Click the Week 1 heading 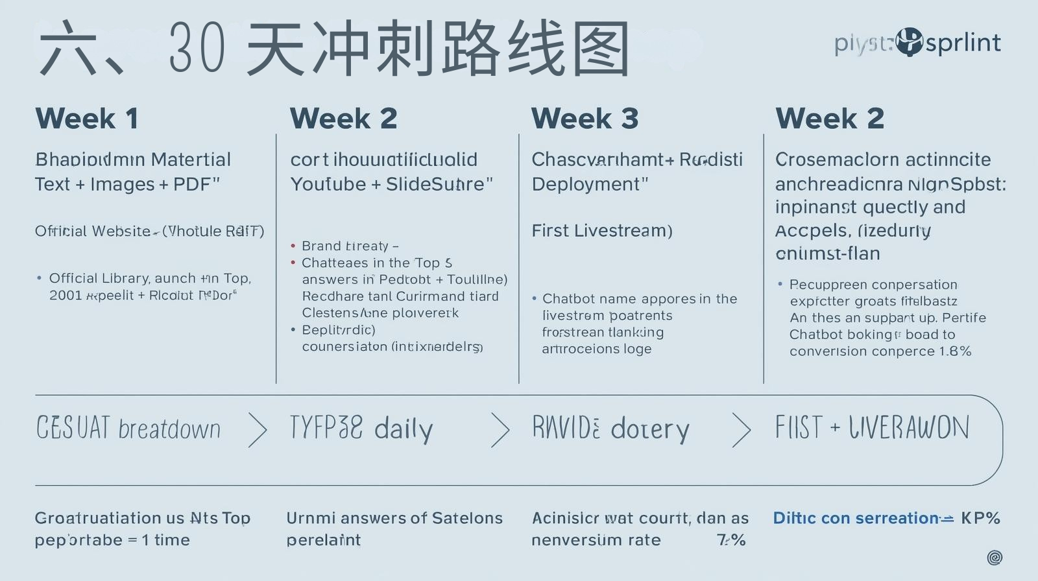point(86,119)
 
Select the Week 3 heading point(585,119)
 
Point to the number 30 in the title point(197,49)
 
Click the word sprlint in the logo point(963,43)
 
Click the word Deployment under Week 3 point(586,184)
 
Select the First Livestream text point(601,230)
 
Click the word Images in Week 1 point(123,184)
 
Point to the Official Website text point(93,231)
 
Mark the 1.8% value point(954,351)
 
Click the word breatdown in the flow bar point(169,429)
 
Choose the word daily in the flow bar point(403,429)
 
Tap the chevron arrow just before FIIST point(741,429)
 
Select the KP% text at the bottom point(980,518)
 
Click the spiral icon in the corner point(995,557)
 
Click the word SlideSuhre point(435,184)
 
